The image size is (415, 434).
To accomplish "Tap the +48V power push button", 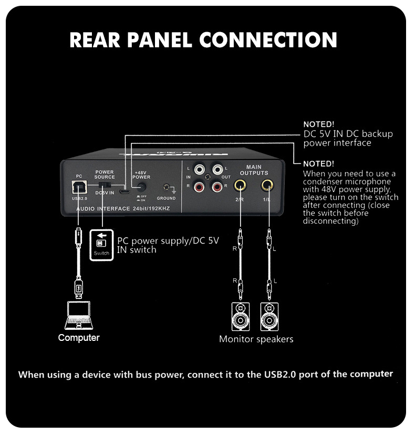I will point(141,187).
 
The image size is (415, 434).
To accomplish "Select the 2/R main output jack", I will point(240,185).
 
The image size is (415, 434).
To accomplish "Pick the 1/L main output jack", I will point(267,185).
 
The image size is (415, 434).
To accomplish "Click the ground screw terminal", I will point(168,188).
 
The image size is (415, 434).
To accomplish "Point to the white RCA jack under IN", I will point(200,170).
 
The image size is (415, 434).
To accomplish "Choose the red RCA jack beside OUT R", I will point(217,186).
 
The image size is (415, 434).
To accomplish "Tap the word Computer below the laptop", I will point(79,338).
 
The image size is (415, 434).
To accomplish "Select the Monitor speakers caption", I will point(256,339).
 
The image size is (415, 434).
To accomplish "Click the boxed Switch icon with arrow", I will point(101,243).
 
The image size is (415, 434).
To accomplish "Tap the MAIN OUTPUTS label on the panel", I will point(254,170).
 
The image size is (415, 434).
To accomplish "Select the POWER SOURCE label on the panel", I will point(104,174).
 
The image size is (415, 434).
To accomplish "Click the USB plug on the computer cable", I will point(78,287).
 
